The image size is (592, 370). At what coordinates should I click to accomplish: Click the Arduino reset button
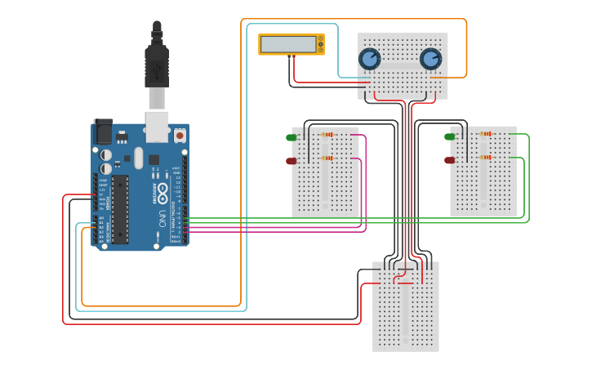click(x=180, y=135)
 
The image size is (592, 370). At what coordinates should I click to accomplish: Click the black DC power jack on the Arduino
click(x=103, y=132)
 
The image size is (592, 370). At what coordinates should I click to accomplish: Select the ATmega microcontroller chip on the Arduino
click(x=120, y=209)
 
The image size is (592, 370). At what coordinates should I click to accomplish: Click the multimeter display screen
click(x=287, y=44)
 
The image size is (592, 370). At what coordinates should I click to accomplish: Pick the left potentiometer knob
click(x=370, y=59)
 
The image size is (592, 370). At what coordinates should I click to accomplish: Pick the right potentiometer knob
click(x=430, y=59)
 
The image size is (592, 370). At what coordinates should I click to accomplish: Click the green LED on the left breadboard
click(x=292, y=137)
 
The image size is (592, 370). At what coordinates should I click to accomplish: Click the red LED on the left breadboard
click(x=292, y=161)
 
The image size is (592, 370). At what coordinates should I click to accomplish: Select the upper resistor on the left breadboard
click(x=327, y=135)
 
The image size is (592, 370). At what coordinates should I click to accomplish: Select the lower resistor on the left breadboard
click(x=327, y=158)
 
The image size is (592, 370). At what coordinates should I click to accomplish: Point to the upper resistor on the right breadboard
click(x=486, y=134)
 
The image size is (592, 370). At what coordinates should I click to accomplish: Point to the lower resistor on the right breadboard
click(x=486, y=157)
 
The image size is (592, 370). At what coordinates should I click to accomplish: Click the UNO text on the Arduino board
click(x=162, y=219)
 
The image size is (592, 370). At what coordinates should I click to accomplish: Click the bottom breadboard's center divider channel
click(x=405, y=306)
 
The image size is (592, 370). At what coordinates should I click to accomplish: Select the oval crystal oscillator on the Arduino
click(x=139, y=157)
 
